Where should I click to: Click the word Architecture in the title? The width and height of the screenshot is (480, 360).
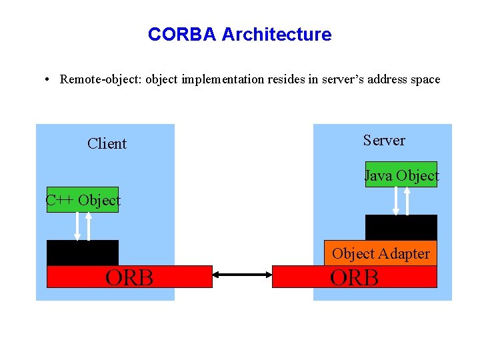(x=276, y=34)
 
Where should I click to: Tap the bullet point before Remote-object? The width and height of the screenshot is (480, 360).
(x=47, y=80)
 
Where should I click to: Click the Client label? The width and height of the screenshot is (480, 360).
(x=107, y=143)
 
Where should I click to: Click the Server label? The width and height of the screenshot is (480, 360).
(x=384, y=140)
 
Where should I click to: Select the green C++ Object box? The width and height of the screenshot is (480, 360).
(x=83, y=200)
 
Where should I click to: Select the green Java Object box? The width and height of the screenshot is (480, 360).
(x=401, y=175)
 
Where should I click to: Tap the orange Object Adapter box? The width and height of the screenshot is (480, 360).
(x=381, y=253)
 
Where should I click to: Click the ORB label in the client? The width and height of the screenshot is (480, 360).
(x=129, y=277)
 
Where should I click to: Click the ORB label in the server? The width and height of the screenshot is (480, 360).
(x=355, y=277)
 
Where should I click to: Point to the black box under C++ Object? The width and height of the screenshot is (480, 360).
(x=83, y=253)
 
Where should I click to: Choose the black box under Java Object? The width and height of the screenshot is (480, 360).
(x=401, y=227)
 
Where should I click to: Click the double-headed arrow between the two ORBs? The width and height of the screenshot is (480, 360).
(x=243, y=274)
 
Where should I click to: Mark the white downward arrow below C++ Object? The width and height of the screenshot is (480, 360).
(x=77, y=226)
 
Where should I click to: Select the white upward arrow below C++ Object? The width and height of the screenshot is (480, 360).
(x=89, y=226)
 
